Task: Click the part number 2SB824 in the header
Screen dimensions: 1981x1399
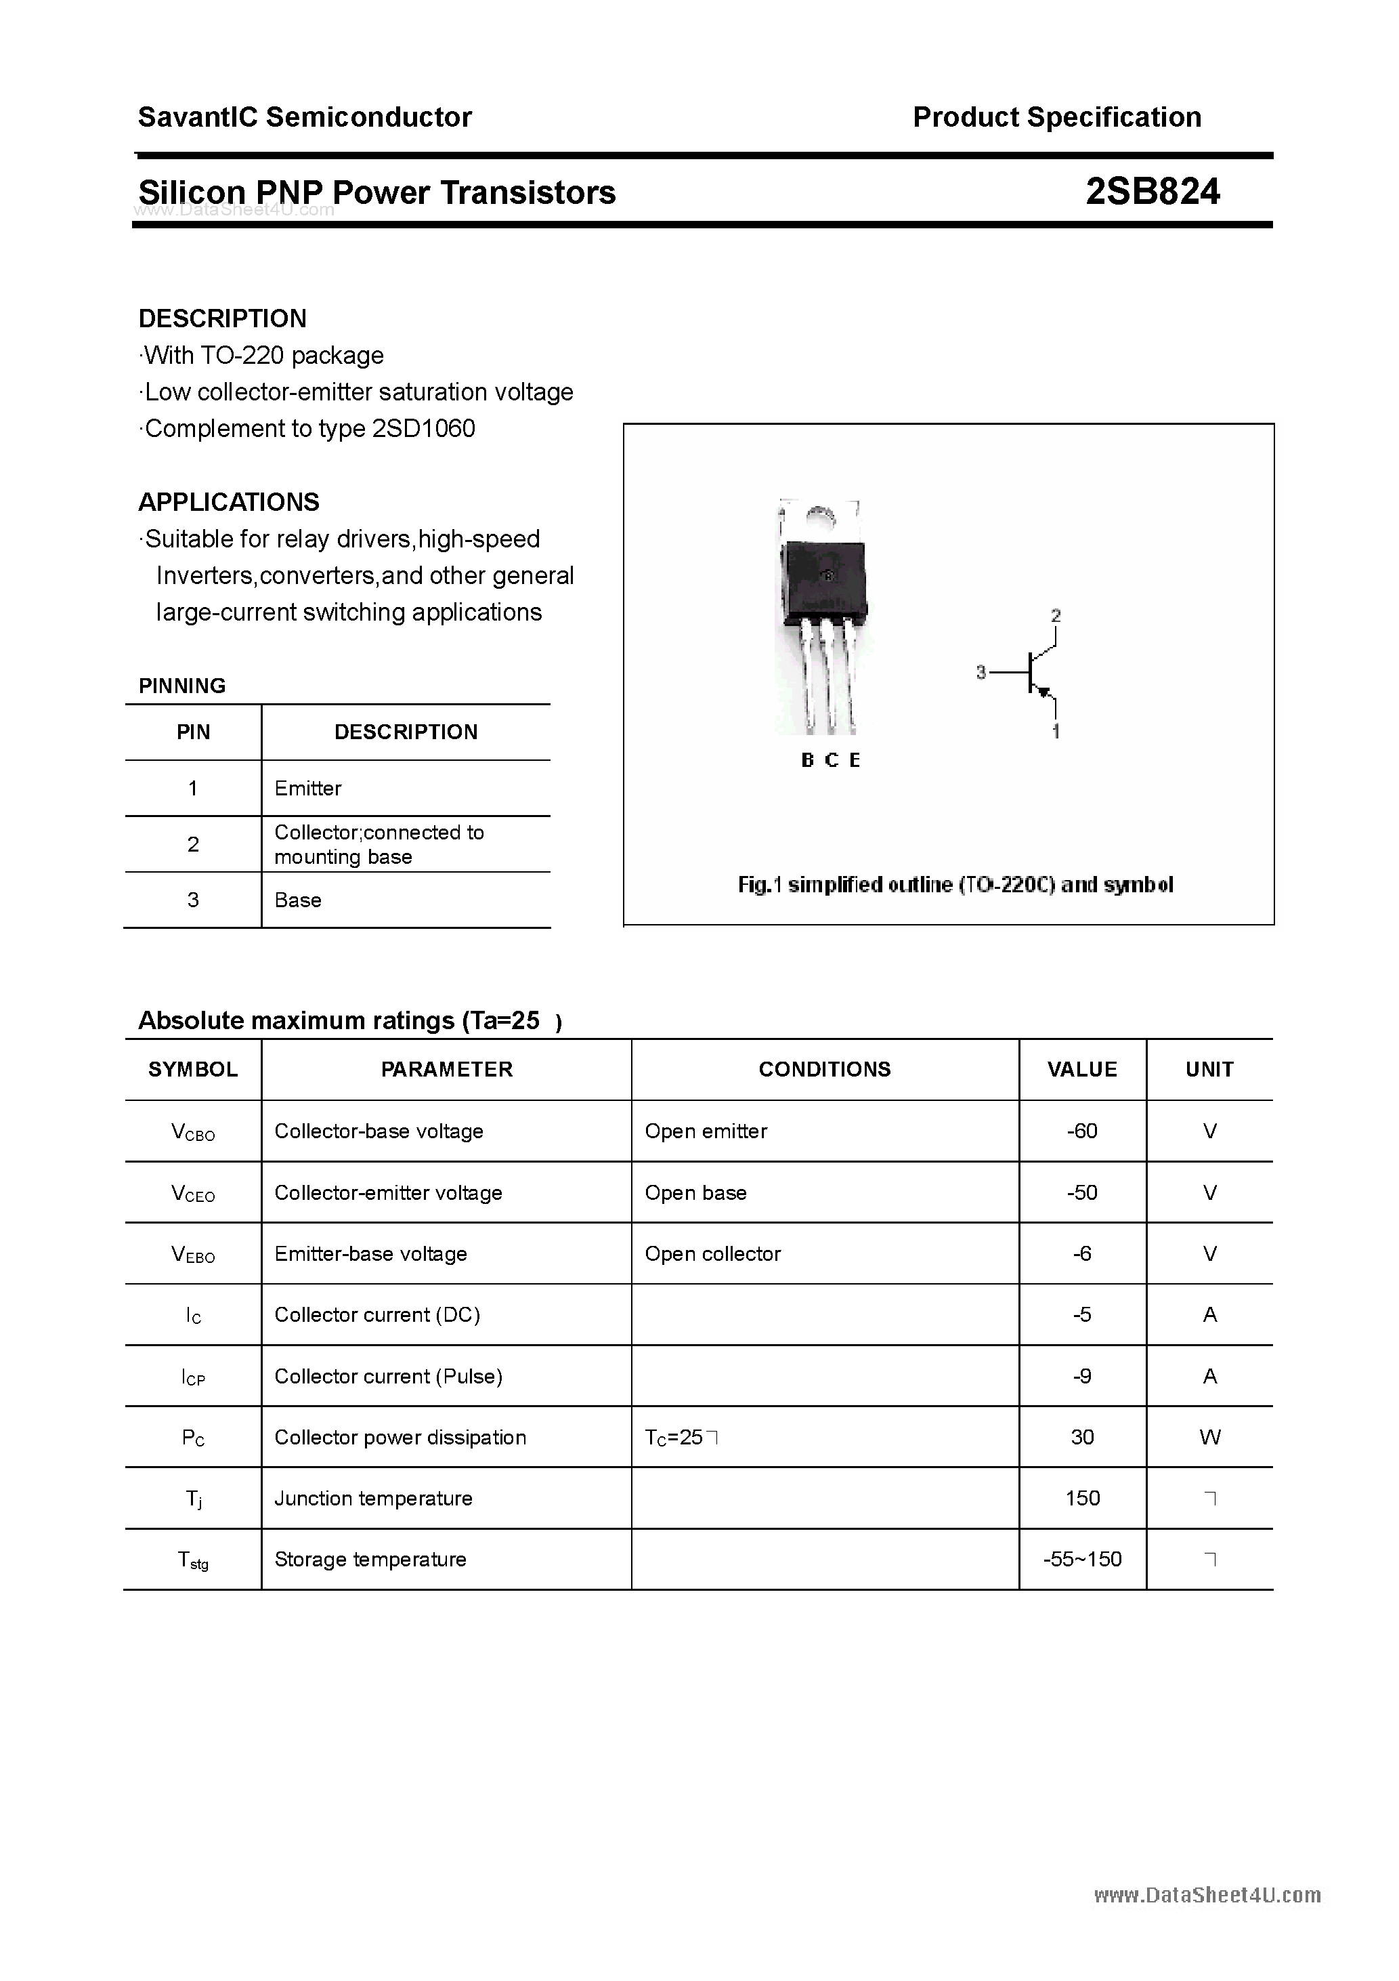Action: click(x=1153, y=192)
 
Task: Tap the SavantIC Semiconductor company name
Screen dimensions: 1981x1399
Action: click(x=305, y=117)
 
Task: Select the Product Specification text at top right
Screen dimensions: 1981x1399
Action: click(x=1056, y=117)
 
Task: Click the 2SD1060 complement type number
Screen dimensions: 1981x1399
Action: click(x=423, y=429)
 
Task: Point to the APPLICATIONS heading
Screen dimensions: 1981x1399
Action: click(x=229, y=502)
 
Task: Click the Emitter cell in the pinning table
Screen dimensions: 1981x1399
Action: click(x=308, y=789)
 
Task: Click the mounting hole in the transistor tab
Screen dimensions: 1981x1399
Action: click(x=820, y=517)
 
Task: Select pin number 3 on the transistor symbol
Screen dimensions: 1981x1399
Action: click(x=981, y=672)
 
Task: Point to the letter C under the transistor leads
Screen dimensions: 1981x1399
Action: click(x=831, y=760)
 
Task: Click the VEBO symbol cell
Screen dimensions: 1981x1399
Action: click(x=193, y=1255)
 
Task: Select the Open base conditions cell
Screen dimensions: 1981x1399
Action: click(x=696, y=1193)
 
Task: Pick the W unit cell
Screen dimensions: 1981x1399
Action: click(x=1209, y=1438)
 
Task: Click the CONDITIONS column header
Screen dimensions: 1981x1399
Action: click(x=825, y=1070)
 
